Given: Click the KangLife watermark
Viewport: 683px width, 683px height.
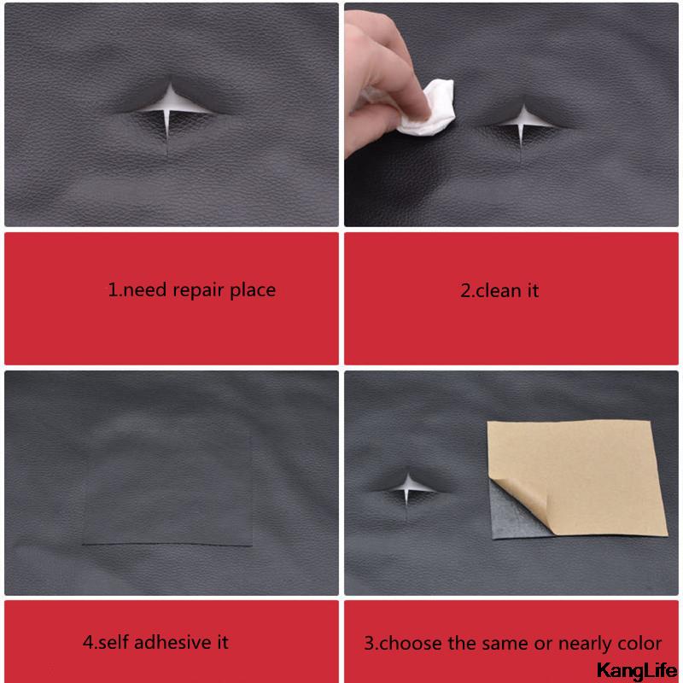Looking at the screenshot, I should pyautogui.click(x=636, y=669).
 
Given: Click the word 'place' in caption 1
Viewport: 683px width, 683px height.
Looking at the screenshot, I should pyautogui.click(x=254, y=290).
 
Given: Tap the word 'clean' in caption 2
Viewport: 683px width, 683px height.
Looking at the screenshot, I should pyautogui.click(x=497, y=290).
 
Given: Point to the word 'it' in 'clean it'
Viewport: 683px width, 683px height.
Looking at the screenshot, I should pyautogui.click(x=531, y=290).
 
